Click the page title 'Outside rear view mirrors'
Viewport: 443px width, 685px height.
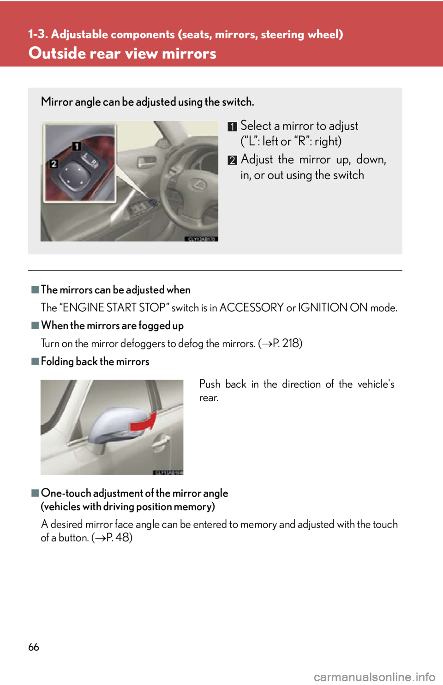point(122,53)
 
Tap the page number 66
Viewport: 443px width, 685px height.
point(34,647)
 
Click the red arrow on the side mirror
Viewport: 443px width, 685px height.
point(144,423)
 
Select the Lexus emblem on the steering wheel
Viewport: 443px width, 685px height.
point(197,184)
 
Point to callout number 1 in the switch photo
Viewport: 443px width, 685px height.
point(76,146)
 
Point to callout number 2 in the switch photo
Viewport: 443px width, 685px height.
point(54,163)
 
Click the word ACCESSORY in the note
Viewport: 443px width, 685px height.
point(251,307)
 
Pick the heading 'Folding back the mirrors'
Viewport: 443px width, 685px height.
point(95,361)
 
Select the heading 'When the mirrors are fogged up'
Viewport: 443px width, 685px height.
point(112,326)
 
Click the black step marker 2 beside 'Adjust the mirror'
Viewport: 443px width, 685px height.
point(233,160)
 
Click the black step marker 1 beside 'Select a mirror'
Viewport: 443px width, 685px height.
point(233,126)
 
